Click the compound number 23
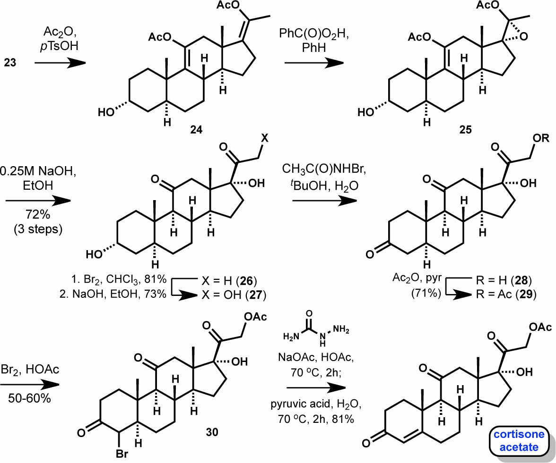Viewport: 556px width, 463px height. (10, 63)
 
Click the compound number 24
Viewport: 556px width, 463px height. (196, 130)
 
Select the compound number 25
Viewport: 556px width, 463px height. (466, 130)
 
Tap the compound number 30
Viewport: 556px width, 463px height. (212, 432)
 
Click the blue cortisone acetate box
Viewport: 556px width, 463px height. (519, 440)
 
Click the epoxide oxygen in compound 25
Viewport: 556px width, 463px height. (524, 36)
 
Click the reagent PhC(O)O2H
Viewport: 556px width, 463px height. (314, 34)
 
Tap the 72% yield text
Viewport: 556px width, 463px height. (38, 214)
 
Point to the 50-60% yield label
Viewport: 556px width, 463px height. (29, 398)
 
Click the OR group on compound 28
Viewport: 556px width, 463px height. (541, 138)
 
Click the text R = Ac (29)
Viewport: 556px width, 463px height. (506, 295)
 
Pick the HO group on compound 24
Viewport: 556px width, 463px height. (106, 112)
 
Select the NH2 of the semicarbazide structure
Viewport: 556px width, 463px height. (341, 330)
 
